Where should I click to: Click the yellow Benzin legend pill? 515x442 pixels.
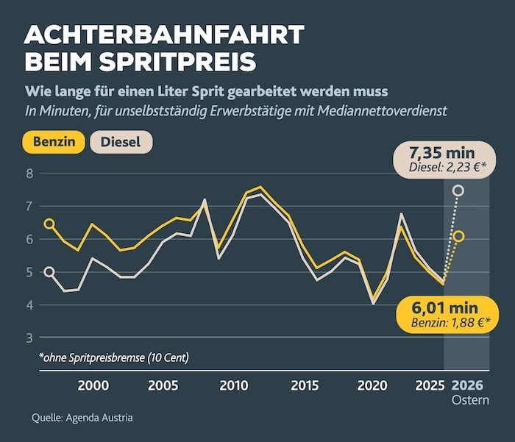54,143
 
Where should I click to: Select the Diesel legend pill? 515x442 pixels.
121,143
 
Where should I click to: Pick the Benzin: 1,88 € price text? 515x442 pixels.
447,321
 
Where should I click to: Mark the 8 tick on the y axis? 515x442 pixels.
29,174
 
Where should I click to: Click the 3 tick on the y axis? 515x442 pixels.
29,338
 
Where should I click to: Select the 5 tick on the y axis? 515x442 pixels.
29,272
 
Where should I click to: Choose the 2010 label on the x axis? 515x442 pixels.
232,385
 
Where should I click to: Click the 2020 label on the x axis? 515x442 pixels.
372,385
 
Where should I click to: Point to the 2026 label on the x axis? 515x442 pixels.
466,385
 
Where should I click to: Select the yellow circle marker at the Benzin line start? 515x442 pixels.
49,224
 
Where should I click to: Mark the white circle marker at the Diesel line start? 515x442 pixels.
49,272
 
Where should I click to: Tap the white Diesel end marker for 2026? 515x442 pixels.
458,190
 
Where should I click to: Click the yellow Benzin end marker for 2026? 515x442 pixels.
458,236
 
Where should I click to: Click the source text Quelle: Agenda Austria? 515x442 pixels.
82,418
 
